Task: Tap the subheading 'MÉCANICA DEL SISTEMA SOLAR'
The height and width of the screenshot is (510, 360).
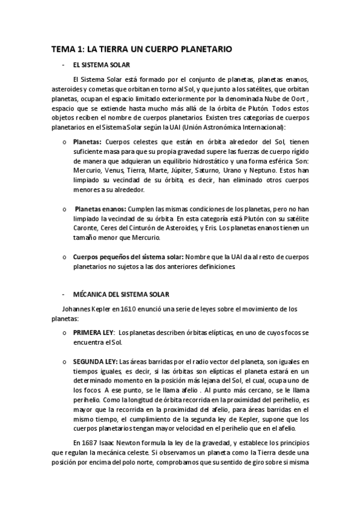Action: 121,294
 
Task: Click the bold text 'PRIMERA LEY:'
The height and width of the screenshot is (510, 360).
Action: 93,333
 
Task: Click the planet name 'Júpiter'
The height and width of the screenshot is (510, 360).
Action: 192,171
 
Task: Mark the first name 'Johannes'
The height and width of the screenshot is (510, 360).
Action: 78,310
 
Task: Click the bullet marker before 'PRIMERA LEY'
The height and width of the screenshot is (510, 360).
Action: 65,333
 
